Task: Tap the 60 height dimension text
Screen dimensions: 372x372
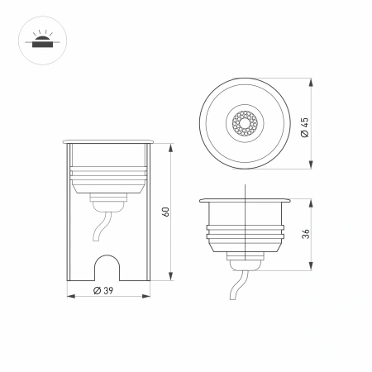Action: [x=166, y=212]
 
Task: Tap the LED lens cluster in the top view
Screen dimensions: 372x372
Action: [x=246, y=126]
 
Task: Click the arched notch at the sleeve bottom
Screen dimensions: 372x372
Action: [x=107, y=265]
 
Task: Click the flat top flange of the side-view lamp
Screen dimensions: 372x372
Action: [x=246, y=200]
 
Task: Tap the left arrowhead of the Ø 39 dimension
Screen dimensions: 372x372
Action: [x=69, y=296]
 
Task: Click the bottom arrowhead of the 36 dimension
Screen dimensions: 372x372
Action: [x=312, y=267]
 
